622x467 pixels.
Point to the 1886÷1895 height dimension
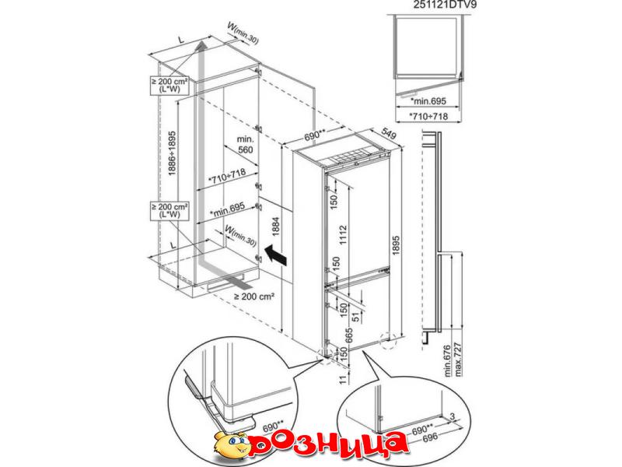[x=172, y=153]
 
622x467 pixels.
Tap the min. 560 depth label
[x=245, y=145]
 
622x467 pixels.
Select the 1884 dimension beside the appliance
[x=276, y=226]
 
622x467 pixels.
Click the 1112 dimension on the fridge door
[x=343, y=237]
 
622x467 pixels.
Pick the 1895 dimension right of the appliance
[x=396, y=248]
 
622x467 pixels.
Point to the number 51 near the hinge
[x=355, y=316]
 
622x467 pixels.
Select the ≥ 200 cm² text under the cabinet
[x=254, y=297]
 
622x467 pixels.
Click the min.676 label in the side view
[x=448, y=360]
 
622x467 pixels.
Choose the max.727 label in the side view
[x=459, y=359]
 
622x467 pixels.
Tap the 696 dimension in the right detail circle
[x=430, y=438]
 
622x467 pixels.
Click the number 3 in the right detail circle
[x=453, y=416]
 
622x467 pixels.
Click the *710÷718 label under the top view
[x=428, y=116]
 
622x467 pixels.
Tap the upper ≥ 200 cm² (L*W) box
[x=169, y=86]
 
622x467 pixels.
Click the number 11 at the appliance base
[x=343, y=378]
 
